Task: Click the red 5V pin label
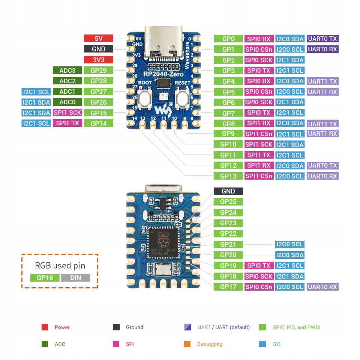point(99,38)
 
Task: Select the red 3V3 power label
point(99,60)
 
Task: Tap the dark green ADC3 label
point(67,70)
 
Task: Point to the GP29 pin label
point(99,70)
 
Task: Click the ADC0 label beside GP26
point(67,102)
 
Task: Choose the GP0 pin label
point(228,39)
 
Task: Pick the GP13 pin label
point(228,176)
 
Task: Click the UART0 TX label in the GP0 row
point(322,39)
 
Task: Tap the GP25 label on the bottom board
point(228,202)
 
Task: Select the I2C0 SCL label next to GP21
point(289,244)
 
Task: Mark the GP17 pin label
point(228,287)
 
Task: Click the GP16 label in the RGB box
point(45,278)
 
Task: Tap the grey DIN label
point(75,278)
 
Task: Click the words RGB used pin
point(60,265)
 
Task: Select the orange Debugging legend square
point(187,344)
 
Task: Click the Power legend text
point(62,327)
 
